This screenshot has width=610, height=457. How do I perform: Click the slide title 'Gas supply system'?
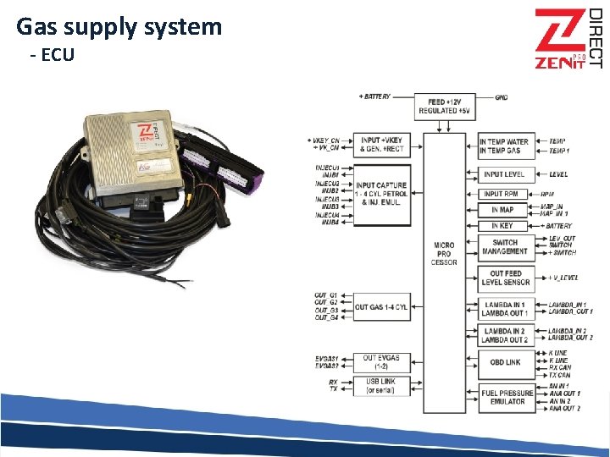pos(119,27)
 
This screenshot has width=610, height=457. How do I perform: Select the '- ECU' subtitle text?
pos(52,55)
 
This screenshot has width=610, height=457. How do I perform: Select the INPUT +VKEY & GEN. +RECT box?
pos(381,145)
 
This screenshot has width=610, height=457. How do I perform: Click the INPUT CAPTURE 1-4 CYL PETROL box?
pos(381,194)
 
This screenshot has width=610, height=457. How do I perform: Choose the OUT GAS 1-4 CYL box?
pos(381,307)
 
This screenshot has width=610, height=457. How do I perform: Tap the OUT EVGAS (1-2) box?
pos(381,361)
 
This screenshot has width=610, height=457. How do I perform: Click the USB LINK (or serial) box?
pos(381,385)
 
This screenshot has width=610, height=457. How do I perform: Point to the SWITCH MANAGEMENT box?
pos(505,246)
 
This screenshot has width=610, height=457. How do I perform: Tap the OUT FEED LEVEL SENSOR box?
pos(505,278)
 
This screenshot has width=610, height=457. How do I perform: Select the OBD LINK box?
pos(505,363)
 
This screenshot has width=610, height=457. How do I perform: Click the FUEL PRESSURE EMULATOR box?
pos(505,397)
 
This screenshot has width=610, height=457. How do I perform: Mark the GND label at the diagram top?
pos(502,97)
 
